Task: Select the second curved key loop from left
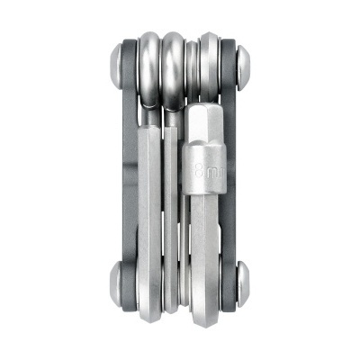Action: pyautogui.click(x=175, y=67)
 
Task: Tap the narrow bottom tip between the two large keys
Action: pyautogui.click(x=184, y=288)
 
